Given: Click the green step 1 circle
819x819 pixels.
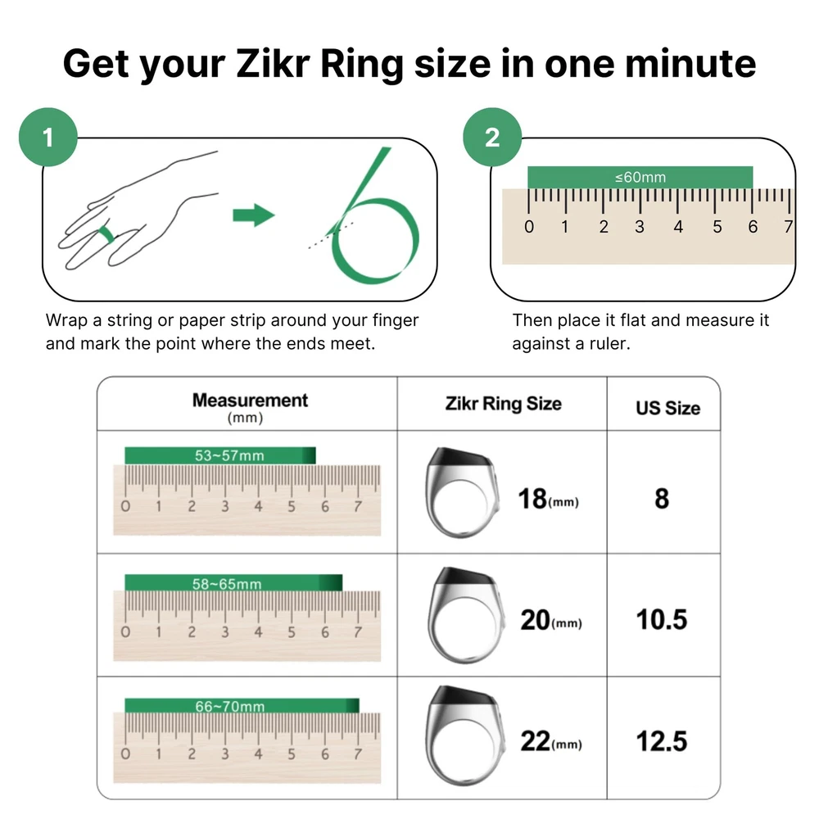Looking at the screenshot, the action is pyautogui.click(x=48, y=137).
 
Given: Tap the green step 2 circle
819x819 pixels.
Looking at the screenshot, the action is pyautogui.click(x=492, y=137).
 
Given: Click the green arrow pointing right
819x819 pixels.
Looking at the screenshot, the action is pyautogui.click(x=254, y=215).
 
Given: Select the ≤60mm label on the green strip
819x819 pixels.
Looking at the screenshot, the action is pyautogui.click(x=640, y=178).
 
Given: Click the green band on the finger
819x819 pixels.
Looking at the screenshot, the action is pyautogui.click(x=107, y=234).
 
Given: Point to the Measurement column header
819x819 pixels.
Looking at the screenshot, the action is pyautogui.click(x=250, y=400).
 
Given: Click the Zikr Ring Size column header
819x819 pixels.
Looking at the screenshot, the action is pyautogui.click(x=503, y=404).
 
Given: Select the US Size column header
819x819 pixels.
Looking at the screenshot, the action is pyautogui.click(x=668, y=408).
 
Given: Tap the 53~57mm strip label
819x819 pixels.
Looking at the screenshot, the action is pyautogui.click(x=229, y=455).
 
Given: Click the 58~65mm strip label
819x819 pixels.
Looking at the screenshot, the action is pyautogui.click(x=227, y=584).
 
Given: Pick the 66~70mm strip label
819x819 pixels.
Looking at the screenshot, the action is pyautogui.click(x=230, y=707).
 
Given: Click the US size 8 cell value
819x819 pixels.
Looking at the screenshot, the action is pyautogui.click(x=662, y=498).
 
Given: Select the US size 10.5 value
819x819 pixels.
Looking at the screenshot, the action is pyautogui.click(x=661, y=619).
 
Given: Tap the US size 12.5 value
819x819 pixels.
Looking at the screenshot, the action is pyautogui.click(x=661, y=741).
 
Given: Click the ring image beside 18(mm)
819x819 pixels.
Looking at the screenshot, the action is pyautogui.click(x=460, y=492).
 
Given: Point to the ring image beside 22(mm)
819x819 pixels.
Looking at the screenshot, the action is pyautogui.click(x=465, y=735).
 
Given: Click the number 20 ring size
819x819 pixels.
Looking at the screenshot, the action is pyautogui.click(x=535, y=620).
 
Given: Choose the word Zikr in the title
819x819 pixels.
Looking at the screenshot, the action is pyautogui.click(x=273, y=63).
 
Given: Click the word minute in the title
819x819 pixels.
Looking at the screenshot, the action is pyautogui.click(x=690, y=63).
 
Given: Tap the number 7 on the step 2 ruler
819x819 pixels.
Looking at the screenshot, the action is pyautogui.click(x=788, y=227).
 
